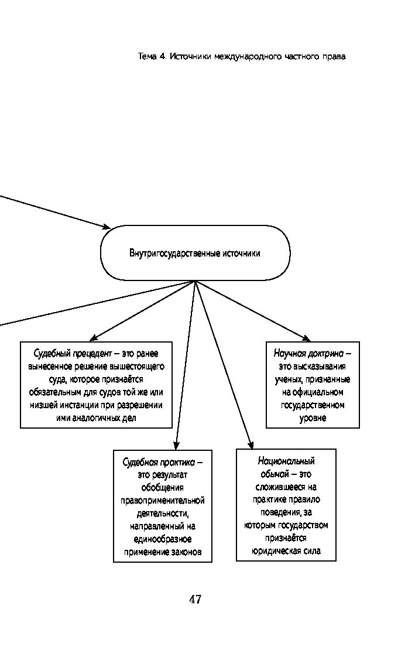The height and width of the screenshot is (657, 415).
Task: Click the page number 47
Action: tap(195, 599)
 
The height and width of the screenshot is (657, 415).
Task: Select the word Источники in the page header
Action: tap(191, 57)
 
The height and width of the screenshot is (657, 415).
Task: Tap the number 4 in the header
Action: tap(162, 57)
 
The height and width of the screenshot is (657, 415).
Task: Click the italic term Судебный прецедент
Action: tap(73, 354)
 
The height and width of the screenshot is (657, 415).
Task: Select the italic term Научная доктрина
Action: tap(308, 354)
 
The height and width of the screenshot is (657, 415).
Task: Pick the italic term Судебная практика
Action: tap(159, 463)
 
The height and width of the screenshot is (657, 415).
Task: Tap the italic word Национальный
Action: tap(286, 461)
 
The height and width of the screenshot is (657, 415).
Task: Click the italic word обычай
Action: tap(275, 474)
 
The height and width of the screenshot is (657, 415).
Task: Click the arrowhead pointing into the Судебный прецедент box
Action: tap(94, 338)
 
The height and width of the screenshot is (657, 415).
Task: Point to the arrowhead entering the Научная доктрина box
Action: tap(307, 338)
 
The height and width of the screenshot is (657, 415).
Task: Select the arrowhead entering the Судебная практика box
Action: tap(177, 446)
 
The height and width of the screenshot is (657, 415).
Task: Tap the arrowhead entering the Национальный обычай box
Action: tap(250, 444)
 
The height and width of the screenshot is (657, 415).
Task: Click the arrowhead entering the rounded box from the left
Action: tap(107, 226)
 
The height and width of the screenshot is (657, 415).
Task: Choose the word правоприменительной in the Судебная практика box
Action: tap(163, 501)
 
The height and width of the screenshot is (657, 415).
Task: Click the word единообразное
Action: tap(163, 539)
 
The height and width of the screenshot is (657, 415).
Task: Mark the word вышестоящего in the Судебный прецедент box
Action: tap(137, 367)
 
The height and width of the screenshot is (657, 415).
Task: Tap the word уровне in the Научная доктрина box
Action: tap(313, 418)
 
